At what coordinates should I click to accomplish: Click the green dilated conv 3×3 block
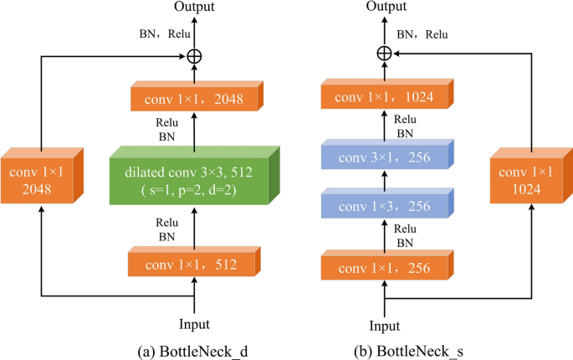194,177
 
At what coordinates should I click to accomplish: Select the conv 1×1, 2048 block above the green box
194,98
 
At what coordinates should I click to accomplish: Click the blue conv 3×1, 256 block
384,157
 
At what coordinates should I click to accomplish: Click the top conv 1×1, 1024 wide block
384,98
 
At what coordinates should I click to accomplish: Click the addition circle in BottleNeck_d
194,55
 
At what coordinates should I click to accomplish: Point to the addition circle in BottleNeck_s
384,54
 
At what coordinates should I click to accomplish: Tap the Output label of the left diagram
194,8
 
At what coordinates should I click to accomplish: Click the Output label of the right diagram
384,8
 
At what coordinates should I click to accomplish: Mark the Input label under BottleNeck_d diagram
193,323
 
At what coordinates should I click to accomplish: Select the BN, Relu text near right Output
422,35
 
